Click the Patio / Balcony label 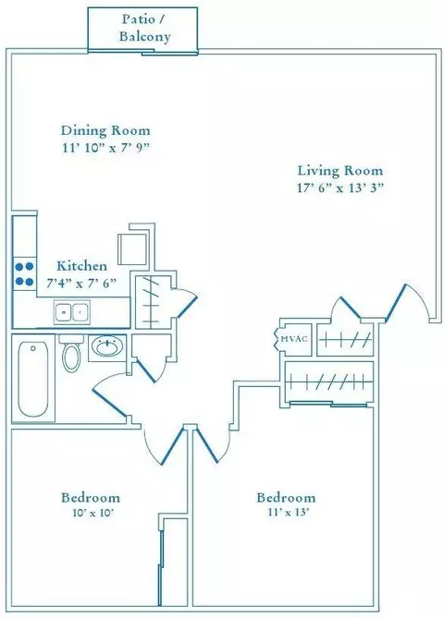pos(145,28)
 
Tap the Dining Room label pos(105,130)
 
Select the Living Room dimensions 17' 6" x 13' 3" pos(340,188)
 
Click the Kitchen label pos(81,266)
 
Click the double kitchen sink pos(72,311)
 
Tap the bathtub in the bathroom pos(33,379)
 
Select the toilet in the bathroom pos(71,353)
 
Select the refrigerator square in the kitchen pos(132,249)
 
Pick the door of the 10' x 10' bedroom pos(172,446)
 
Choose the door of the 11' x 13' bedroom pos(207,445)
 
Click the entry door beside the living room pos(396,301)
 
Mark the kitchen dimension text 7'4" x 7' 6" pos(81,283)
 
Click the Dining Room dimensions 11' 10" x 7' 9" pos(106,148)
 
